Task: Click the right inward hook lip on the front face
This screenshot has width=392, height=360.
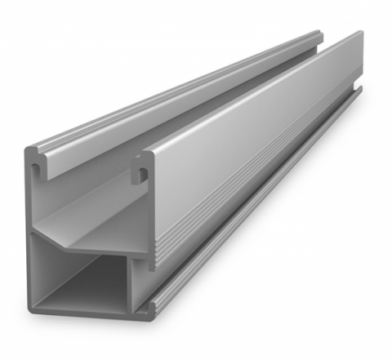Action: tap(143, 174)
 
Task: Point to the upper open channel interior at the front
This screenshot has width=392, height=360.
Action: tap(90, 204)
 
